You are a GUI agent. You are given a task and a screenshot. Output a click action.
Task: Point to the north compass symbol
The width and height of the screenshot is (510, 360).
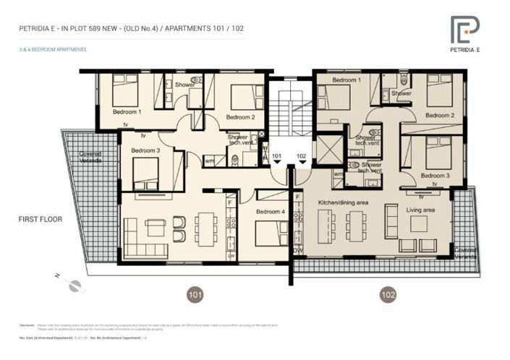click(72, 285)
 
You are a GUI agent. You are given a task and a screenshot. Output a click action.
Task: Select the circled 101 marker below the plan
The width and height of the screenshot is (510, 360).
click(195, 294)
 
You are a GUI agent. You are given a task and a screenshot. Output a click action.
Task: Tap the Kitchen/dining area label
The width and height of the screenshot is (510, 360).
click(343, 203)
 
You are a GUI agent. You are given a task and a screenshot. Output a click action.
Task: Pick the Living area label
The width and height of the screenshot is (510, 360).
click(420, 209)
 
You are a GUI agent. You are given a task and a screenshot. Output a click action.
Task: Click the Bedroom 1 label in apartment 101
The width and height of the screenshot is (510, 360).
click(127, 112)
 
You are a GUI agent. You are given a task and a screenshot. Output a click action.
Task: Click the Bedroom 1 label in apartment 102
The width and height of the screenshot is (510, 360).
click(346, 80)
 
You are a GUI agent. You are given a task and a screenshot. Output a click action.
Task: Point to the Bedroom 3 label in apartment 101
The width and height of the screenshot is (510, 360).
click(145, 150)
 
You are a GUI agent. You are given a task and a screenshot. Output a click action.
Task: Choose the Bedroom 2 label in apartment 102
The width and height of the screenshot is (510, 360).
click(439, 115)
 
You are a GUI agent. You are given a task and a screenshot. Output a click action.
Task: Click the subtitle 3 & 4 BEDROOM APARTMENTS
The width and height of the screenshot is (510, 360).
click(54, 50)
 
